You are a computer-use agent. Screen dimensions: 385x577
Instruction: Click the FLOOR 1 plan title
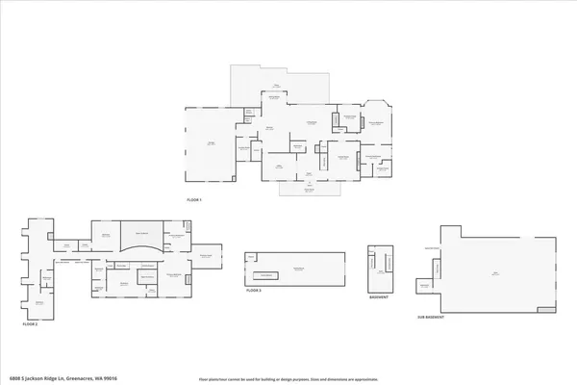tap(194, 199)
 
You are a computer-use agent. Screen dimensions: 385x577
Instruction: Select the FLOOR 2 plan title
tap(31, 324)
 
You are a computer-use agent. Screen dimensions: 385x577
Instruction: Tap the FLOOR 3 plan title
tap(254, 290)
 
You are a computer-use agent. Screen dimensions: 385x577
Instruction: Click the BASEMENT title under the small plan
tap(381, 296)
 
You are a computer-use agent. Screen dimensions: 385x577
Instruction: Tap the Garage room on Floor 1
tap(210, 143)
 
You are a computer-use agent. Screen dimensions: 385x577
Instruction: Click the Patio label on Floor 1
tap(274, 96)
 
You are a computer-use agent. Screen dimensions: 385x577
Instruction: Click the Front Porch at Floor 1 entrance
tap(310, 190)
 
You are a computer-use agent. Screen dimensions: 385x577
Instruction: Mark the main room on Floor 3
tap(299, 267)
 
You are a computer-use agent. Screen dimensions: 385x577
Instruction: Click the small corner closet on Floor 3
tap(251, 258)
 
